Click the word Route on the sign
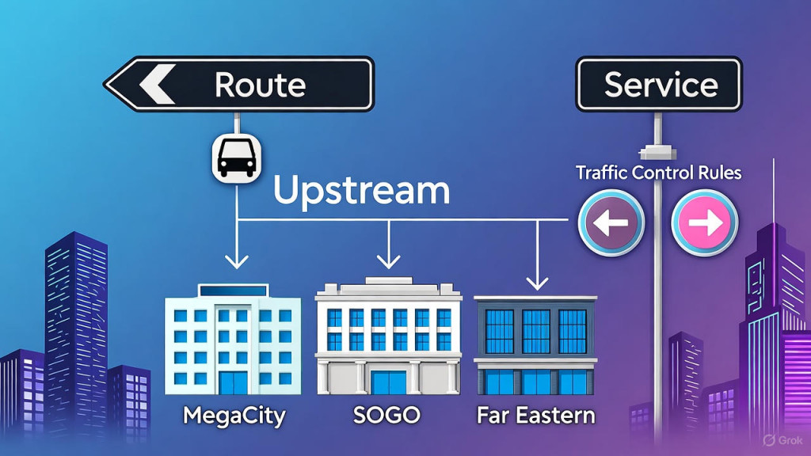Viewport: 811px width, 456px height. click(260, 84)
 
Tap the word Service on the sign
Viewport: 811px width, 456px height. click(661, 84)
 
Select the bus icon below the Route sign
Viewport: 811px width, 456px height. click(235, 157)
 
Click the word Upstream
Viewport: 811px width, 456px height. click(362, 192)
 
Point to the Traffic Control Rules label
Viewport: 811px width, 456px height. click(658, 173)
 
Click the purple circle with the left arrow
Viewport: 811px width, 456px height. click(611, 223)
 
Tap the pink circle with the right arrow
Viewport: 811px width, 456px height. click(704, 223)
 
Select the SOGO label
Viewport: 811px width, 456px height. click(388, 415)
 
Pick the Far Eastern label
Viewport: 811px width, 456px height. click(535, 415)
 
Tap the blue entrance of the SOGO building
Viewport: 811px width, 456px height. click(389, 382)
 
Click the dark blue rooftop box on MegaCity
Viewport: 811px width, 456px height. click(233, 292)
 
